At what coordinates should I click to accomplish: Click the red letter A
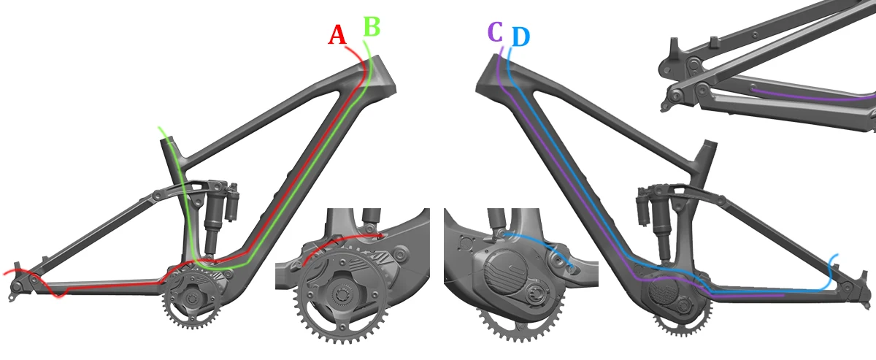point(337,34)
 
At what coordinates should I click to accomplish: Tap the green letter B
point(372,26)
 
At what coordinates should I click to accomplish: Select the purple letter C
point(494,32)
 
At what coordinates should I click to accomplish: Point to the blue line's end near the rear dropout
point(837,256)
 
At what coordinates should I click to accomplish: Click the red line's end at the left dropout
point(6,272)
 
